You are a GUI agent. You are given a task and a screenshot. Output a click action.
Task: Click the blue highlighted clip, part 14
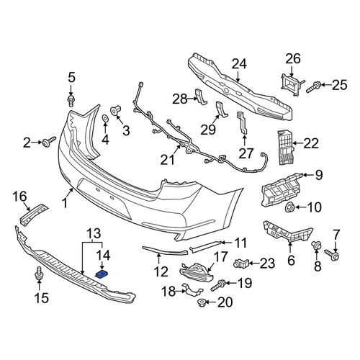coord(102,274)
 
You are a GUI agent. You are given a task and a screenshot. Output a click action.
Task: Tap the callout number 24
coord(239,64)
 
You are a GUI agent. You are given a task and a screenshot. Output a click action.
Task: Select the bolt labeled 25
coord(313,87)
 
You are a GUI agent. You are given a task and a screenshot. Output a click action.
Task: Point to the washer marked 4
coord(105,119)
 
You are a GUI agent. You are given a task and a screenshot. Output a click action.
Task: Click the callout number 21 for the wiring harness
coord(167,160)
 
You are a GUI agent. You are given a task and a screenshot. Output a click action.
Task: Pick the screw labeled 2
coord(49,142)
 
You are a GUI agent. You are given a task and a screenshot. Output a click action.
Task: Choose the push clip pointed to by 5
coord(71,101)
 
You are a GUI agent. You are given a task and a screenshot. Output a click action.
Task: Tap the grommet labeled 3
coord(115,110)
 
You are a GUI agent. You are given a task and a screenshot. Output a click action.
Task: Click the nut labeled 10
coord(289,207)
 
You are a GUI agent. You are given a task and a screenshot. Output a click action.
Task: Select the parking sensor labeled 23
coord(241,264)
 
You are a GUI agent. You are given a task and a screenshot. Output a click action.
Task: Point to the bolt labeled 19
coord(218,284)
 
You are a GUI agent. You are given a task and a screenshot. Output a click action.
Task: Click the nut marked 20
coord(201,302)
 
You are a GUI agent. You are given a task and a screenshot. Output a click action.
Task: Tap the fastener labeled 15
coord(39,274)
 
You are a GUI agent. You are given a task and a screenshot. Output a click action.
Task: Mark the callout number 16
coord(19,197)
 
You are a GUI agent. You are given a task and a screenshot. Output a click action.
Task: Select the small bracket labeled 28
coord(201,96)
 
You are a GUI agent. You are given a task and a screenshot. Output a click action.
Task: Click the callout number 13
coord(94,234)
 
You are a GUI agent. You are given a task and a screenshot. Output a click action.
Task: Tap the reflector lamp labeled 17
coord(197,272)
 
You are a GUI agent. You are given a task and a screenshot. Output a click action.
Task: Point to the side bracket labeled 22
coord(286,147)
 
